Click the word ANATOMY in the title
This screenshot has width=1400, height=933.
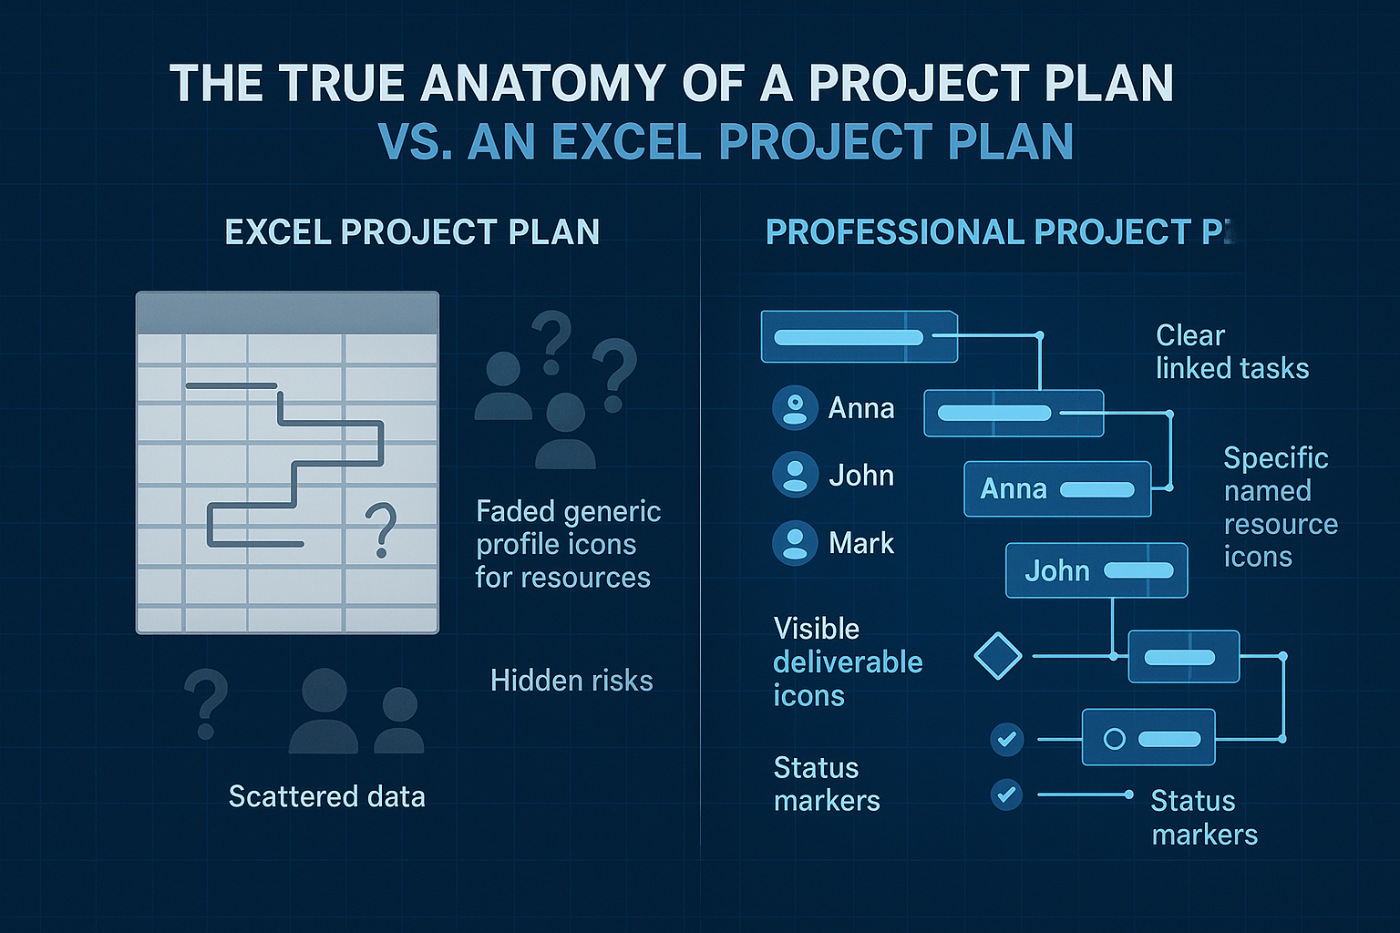(x=542, y=84)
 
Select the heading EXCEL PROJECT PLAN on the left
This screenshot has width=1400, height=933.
(x=412, y=232)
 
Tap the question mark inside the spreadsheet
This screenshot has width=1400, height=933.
(x=380, y=529)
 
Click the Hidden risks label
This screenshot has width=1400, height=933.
(x=571, y=681)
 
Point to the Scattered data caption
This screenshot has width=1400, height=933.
(x=326, y=797)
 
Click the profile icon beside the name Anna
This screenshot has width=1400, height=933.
(x=795, y=407)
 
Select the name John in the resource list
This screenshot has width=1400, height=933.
(x=860, y=476)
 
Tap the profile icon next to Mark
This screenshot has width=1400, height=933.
(x=795, y=543)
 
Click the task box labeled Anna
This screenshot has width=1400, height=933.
(x=1056, y=489)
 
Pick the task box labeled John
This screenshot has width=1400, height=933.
(x=1096, y=571)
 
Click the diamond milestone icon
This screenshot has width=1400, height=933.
(x=997, y=656)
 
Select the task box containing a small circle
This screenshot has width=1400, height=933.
(x=1148, y=738)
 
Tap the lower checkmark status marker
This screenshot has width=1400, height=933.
(x=1006, y=795)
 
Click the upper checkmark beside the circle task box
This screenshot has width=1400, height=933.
(x=1006, y=739)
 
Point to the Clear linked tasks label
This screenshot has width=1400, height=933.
(x=1230, y=352)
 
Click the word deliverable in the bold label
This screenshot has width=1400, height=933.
(x=848, y=662)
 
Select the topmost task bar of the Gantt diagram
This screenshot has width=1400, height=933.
(x=859, y=337)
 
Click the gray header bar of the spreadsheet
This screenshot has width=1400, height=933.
(x=287, y=313)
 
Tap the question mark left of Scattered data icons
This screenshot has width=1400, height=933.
(x=206, y=703)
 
